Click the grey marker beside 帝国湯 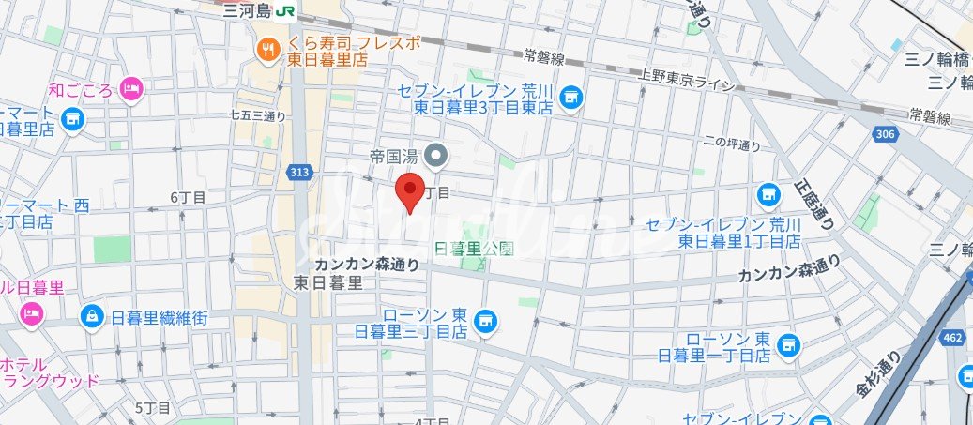[x=435, y=155]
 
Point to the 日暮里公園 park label [x=475, y=249]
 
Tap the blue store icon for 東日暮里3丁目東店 [x=570, y=98]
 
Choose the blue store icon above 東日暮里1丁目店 [x=768, y=195]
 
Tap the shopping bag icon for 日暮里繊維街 [x=93, y=315]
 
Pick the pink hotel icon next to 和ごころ [x=130, y=89]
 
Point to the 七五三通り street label [x=257, y=116]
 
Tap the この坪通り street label [x=732, y=144]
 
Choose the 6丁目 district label [x=188, y=197]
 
